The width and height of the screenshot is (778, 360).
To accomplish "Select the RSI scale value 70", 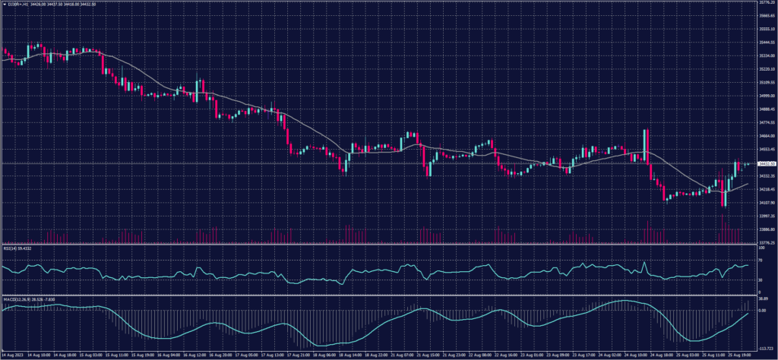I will coord(759,260).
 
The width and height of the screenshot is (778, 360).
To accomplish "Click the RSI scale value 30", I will coord(759,280).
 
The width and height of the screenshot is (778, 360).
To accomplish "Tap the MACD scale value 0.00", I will coord(761,311).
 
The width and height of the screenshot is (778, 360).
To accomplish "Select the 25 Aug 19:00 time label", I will coord(740,355).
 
